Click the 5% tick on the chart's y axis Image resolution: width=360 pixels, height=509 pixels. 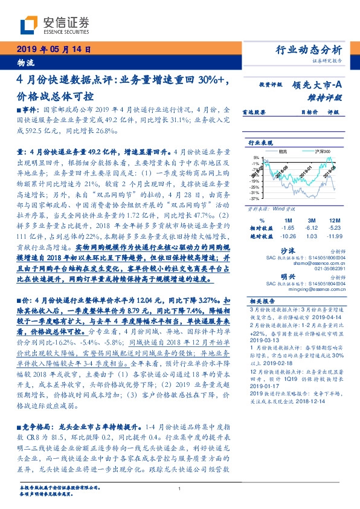pos(257,157)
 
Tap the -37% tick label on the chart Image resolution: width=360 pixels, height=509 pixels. pos(255,198)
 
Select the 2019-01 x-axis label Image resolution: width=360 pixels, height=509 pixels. pos(295,173)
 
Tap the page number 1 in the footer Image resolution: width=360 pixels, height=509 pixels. pos(179,489)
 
